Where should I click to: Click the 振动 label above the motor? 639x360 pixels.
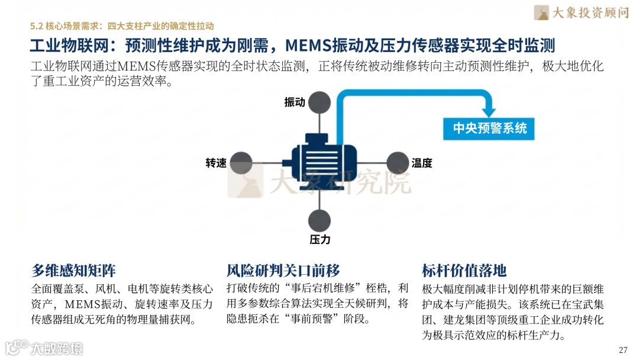click(x=295, y=102)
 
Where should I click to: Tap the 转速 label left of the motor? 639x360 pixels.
click(x=216, y=163)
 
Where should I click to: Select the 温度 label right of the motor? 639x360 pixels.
click(x=422, y=163)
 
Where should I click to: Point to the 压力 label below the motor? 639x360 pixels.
click(x=320, y=239)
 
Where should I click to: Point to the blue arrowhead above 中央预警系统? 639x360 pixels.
click(x=489, y=110)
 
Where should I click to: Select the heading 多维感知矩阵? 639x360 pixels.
click(x=73, y=271)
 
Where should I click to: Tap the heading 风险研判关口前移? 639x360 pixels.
click(x=283, y=271)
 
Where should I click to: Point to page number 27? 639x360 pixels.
click(x=622, y=349)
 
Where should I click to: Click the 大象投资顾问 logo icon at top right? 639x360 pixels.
click(x=542, y=12)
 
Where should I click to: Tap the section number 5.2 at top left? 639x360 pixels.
click(x=37, y=26)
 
